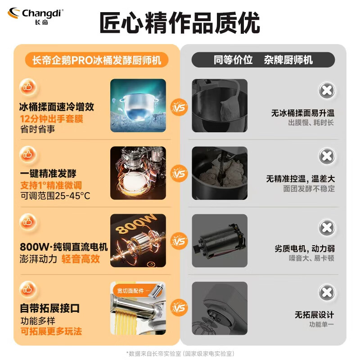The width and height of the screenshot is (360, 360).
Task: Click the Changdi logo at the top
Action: pos(36,16)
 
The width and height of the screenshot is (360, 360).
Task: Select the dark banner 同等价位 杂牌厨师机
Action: pos(263,60)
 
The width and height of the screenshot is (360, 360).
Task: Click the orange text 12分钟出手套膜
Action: pos(52,119)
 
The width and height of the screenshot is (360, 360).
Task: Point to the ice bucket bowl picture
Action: pos(138,105)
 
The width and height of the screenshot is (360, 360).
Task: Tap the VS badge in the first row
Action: pos(180,108)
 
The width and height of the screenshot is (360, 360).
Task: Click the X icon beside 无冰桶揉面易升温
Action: pos(327,90)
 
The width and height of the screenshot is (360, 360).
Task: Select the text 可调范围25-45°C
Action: pos(55,196)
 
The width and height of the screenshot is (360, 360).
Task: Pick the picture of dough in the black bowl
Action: pos(220,173)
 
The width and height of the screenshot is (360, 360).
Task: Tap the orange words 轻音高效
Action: pos(81,259)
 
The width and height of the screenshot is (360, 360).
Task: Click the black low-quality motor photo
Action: pos(220,241)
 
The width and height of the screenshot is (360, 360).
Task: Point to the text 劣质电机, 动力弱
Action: pos(305,248)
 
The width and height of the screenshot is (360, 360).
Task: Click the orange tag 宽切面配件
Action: pos(130,291)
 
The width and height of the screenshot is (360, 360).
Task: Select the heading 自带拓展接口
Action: pos(50,309)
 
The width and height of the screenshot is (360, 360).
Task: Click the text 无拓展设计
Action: pos(315,315)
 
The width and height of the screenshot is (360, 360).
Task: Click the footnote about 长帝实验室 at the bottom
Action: pos(180,354)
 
